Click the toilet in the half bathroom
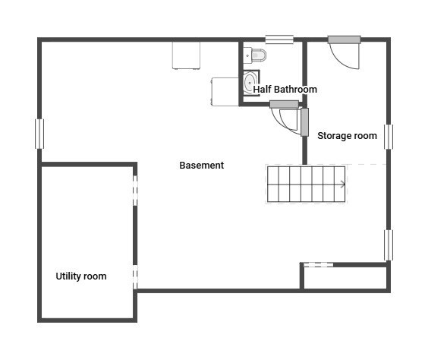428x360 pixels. click(x=256, y=55)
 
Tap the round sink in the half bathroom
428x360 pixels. click(x=250, y=82)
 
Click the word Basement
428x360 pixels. click(x=201, y=165)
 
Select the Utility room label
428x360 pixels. click(x=81, y=276)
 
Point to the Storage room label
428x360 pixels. click(x=347, y=136)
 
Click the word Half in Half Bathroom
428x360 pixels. click(x=262, y=90)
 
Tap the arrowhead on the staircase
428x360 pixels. click(x=343, y=184)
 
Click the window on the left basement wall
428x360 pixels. click(x=39, y=134)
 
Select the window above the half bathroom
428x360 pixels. click(x=279, y=38)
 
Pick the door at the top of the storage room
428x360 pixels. click(x=344, y=39)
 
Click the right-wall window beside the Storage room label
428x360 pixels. click(x=388, y=137)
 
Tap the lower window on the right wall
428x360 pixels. click(x=388, y=245)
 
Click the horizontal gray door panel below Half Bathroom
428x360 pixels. click(x=285, y=104)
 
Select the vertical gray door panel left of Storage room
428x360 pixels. click(x=304, y=122)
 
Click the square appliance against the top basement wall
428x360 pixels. click(x=186, y=55)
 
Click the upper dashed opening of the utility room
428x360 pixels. click(x=135, y=191)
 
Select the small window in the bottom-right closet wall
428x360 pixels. click(x=318, y=264)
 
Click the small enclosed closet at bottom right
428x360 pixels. click(x=345, y=277)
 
